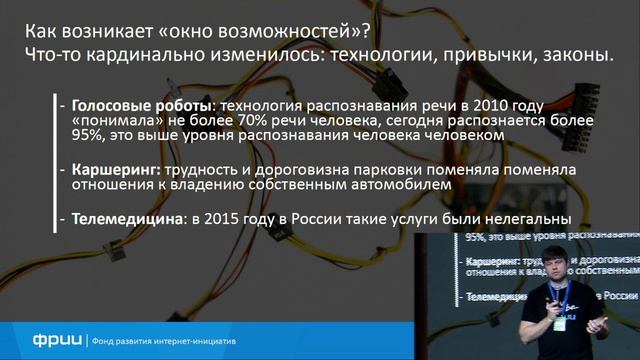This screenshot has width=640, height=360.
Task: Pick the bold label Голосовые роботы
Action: coord(141,105)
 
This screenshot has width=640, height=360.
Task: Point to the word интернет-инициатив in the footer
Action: coord(200,337)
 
